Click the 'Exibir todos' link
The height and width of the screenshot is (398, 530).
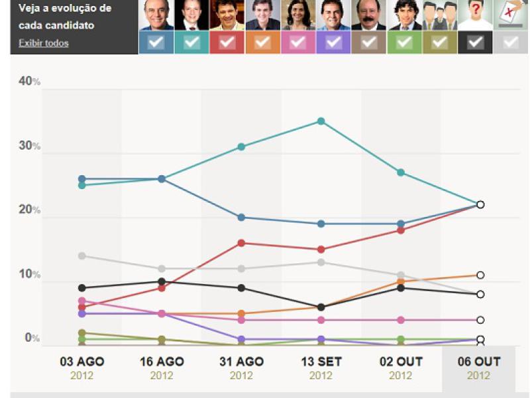point(43,43)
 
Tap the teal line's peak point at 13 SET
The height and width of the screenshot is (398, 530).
point(321,121)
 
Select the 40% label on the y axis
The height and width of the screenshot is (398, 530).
point(29,81)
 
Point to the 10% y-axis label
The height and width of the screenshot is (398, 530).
point(29,275)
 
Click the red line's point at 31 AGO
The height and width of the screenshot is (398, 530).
point(241,243)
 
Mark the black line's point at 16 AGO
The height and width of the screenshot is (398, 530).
point(162,282)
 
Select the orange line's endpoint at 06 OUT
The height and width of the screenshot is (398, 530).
point(480,275)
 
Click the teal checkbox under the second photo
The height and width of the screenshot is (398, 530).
point(191,42)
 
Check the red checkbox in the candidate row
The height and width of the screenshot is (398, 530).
point(227,42)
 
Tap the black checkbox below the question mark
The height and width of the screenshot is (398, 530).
point(476,42)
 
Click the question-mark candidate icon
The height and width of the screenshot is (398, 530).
point(476,15)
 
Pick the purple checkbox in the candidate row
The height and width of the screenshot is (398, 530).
point(334,42)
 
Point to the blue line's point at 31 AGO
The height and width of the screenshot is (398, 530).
point(241,218)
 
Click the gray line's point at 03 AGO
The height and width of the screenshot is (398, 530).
point(81,256)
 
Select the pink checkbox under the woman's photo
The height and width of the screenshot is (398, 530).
point(298,42)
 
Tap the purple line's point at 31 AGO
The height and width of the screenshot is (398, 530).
point(241,339)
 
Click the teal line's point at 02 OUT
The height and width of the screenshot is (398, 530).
point(401,172)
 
